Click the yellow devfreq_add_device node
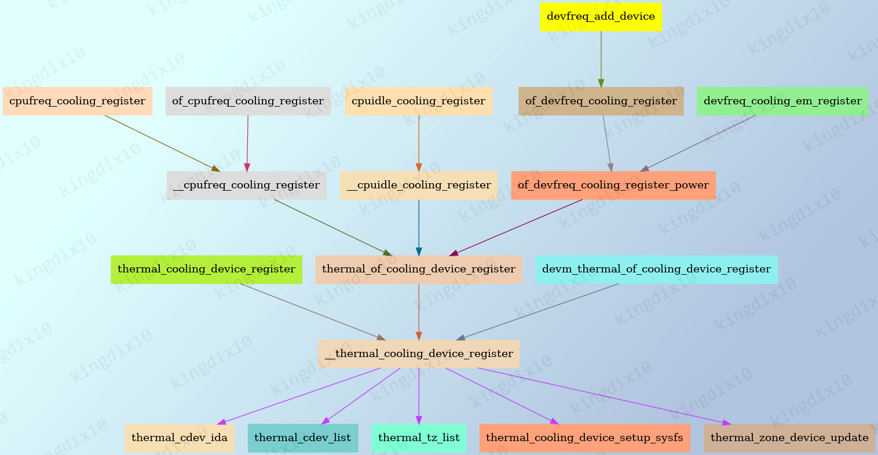point(601,17)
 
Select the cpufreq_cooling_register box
point(78,101)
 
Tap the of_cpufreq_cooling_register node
point(248,101)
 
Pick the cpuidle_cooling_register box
point(418,101)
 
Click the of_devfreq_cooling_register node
point(601,101)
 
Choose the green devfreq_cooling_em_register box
point(782,101)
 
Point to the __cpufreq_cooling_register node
point(246,185)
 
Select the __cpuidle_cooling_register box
point(418,185)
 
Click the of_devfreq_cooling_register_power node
point(613,185)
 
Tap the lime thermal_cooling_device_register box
point(206,270)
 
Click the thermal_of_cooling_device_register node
point(418,270)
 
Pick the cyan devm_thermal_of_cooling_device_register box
point(656,270)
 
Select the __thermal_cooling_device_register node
point(418,354)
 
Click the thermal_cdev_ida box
point(180,438)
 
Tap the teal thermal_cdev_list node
point(302,438)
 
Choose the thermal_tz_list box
point(418,438)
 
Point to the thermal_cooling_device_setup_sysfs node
point(584,438)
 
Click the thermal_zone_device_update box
point(789,438)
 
